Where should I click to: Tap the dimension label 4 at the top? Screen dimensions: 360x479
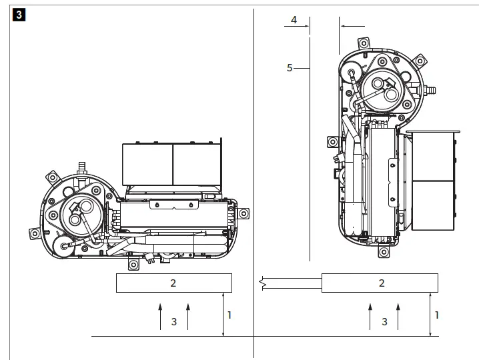tap(294, 20)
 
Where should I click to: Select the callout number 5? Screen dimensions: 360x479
tap(290, 67)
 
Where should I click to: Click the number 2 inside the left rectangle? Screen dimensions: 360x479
tap(173, 283)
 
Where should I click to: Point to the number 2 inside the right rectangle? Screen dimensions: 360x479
tap(382, 283)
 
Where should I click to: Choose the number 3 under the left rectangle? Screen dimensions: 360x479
tap(174, 322)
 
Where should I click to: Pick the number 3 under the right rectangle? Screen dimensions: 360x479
tap(384, 322)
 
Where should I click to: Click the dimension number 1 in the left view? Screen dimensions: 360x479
tap(229, 315)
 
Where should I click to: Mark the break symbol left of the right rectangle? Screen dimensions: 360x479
tap(266, 283)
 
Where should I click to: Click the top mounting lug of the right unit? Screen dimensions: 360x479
tap(362, 42)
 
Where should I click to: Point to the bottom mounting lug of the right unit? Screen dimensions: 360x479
tap(384, 253)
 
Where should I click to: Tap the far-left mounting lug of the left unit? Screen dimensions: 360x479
tap(33, 234)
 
